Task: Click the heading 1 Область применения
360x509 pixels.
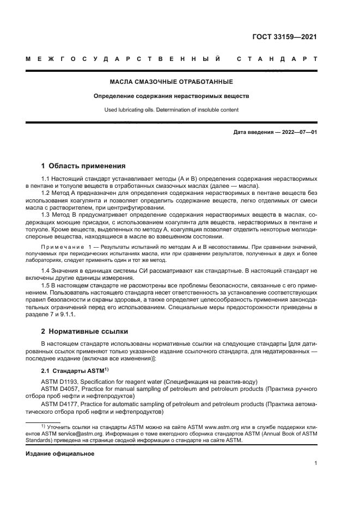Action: click(84, 165)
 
